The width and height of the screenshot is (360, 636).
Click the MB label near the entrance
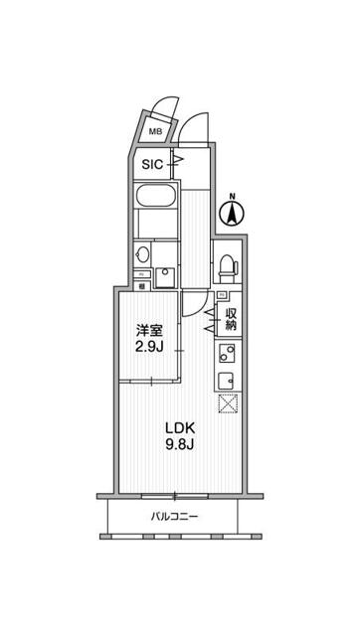156,131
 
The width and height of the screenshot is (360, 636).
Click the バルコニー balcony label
175,518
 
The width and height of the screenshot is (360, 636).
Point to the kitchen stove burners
224,353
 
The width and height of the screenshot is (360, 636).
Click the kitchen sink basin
225,380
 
